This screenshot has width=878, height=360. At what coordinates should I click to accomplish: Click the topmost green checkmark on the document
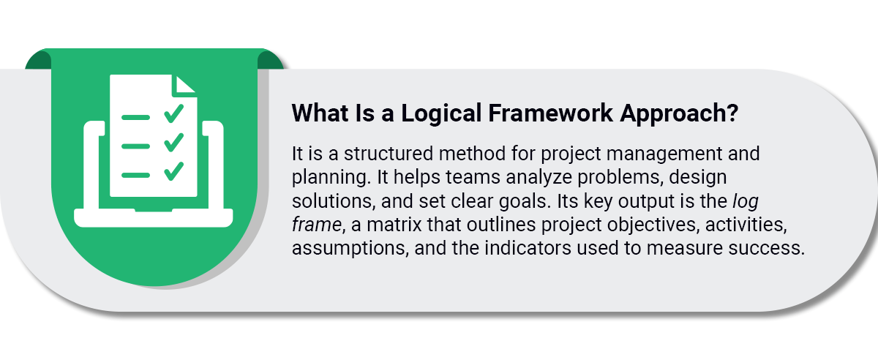[173, 113]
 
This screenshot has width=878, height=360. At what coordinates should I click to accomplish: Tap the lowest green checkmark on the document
[173, 171]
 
